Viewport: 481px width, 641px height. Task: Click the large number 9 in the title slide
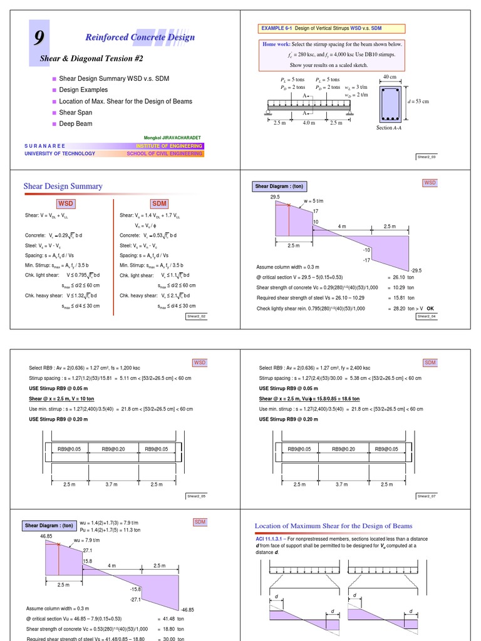point(39,39)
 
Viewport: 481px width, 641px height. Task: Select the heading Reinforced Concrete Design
point(140,38)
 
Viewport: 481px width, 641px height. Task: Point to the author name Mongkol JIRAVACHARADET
point(173,137)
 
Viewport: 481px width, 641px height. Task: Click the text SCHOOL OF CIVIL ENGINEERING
point(165,153)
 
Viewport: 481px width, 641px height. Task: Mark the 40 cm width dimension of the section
point(390,76)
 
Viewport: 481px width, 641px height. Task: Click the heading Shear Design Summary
point(63,186)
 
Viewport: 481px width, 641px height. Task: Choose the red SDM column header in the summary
point(159,204)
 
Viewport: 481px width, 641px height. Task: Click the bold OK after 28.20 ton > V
point(430,308)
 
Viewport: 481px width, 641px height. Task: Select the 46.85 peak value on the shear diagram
point(46,536)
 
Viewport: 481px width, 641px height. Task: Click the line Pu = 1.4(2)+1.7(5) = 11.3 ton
point(111,530)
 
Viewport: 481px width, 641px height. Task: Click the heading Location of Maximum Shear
point(333,526)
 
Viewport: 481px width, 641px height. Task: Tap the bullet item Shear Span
point(75,113)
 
